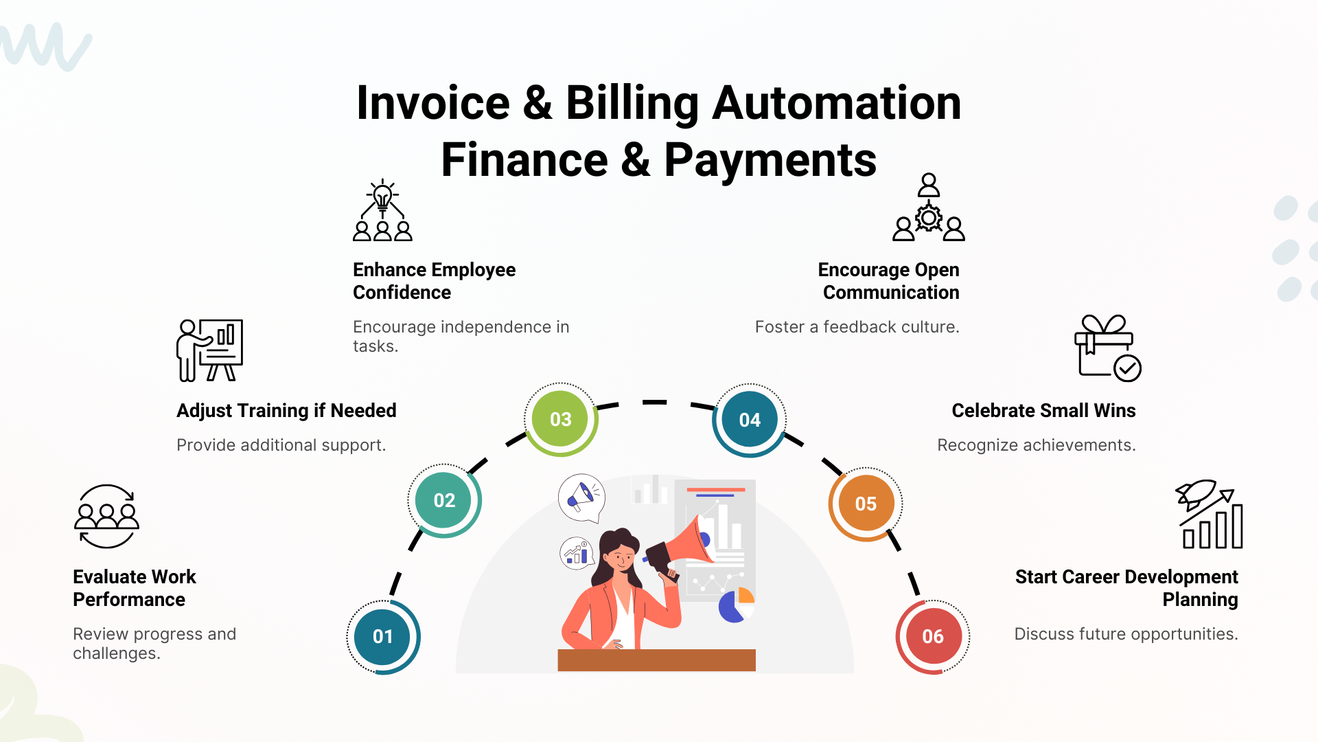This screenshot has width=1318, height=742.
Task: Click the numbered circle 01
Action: click(x=382, y=637)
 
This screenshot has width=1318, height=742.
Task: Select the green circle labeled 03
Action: click(x=561, y=419)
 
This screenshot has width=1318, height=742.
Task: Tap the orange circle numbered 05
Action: click(x=866, y=504)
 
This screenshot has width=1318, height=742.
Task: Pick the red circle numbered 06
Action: click(x=933, y=636)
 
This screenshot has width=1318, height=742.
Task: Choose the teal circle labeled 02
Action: click(x=444, y=500)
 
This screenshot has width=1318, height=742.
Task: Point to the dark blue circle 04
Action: click(x=750, y=420)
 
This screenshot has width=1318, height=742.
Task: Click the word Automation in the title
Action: click(x=836, y=103)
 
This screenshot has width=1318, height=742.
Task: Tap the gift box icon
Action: click(x=1107, y=348)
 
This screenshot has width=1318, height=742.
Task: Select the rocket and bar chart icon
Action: click(x=1209, y=514)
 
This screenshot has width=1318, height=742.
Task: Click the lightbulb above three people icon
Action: click(x=382, y=210)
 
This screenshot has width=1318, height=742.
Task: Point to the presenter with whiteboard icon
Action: click(x=209, y=350)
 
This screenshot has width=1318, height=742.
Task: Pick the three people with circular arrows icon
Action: click(x=106, y=516)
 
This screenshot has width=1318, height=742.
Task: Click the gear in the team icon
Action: click(x=928, y=218)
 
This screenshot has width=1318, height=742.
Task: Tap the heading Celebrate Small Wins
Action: click(x=1043, y=411)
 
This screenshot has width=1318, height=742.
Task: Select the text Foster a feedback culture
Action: click(x=857, y=327)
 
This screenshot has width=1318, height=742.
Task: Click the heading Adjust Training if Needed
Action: click(x=286, y=411)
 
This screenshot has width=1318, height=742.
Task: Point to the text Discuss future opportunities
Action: click(x=1126, y=634)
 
